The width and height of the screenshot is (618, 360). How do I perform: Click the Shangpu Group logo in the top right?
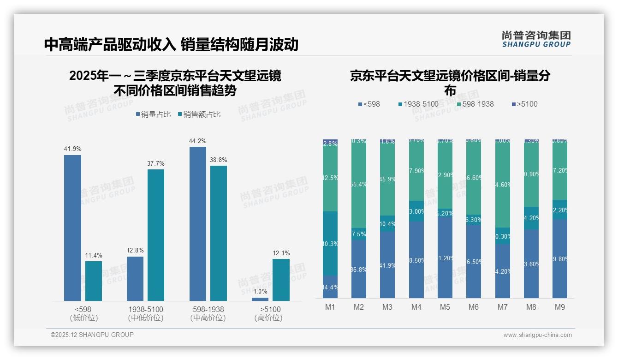(536, 39)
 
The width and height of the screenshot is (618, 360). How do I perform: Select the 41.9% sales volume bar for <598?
(72, 228)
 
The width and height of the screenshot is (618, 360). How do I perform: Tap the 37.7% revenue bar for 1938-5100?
(156, 235)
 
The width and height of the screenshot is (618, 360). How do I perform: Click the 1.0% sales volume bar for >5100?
(260, 299)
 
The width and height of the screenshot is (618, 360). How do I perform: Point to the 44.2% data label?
(198, 141)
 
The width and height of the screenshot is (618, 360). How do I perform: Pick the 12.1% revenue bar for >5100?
(281, 280)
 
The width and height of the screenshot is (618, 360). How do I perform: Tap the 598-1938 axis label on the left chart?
(207, 309)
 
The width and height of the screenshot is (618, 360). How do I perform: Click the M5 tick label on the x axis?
(445, 307)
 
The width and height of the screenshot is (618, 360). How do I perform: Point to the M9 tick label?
(559, 307)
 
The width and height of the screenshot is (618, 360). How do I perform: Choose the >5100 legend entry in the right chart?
(524, 104)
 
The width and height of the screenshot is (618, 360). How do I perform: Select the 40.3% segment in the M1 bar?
(330, 243)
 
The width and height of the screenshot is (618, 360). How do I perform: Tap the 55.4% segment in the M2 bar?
(359, 184)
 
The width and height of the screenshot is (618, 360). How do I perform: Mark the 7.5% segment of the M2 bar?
(359, 234)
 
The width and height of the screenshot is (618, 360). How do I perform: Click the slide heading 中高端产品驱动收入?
(110, 44)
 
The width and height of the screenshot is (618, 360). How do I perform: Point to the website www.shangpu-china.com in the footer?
(537, 335)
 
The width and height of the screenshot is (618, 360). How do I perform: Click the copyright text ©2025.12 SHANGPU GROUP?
(92, 335)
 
